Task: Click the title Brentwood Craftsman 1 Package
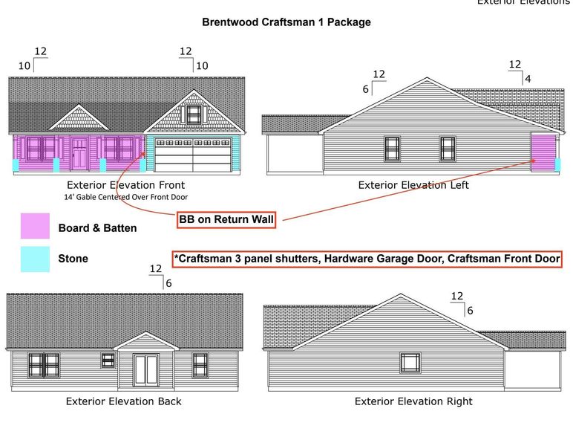(x=286, y=22)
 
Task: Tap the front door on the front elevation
(x=79, y=153)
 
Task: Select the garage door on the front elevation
(x=193, y=155)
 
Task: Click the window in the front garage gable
(x=194, y=114)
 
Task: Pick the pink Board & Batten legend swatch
(x=35, y=226)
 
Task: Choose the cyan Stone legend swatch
(x=35, y=259)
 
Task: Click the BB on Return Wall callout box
(x=226, y=219)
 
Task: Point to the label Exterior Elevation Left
(x=413, y=185)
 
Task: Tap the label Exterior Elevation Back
(x=123, y=401)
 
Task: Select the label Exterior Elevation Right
(x=413, y=401)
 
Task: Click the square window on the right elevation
(x=410, y=363)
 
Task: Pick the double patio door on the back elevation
(x=145, y=370)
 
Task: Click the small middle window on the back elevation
(x=108, y=361)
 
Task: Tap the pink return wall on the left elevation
(x=543, y=152)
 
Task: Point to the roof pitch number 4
(x=528, y=79)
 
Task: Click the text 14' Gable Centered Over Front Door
(x=125, y=197)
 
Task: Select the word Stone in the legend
(x=73, y=259)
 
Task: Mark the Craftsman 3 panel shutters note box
(x=367, y=259)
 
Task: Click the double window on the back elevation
(x=44, y=365)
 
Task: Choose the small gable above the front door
(x=79, y=117)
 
